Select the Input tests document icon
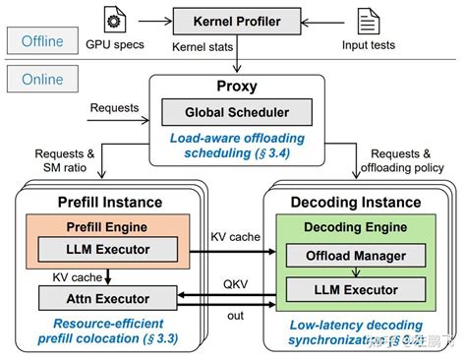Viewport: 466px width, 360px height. (367, 21)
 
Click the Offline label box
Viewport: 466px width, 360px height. (36, 41)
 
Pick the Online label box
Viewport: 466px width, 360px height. (36, 77)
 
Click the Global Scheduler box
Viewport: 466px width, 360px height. (236, 111)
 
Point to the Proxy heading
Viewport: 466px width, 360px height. (236, 87)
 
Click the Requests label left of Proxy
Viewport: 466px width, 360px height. (114, 106)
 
